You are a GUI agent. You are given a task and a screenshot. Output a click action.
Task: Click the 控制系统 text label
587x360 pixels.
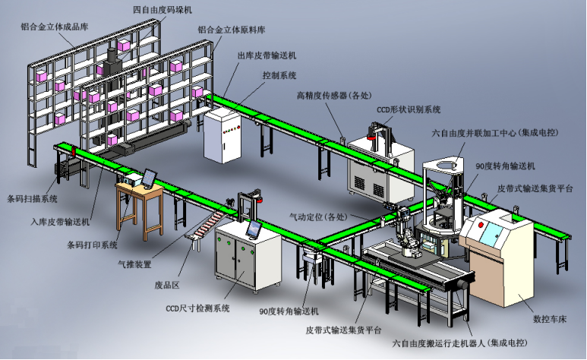tap(279, 75)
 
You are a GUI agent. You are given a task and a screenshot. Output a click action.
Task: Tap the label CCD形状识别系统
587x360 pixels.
tap(409, 109)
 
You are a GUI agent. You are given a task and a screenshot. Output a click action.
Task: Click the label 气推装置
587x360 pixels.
tap(134, 264)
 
